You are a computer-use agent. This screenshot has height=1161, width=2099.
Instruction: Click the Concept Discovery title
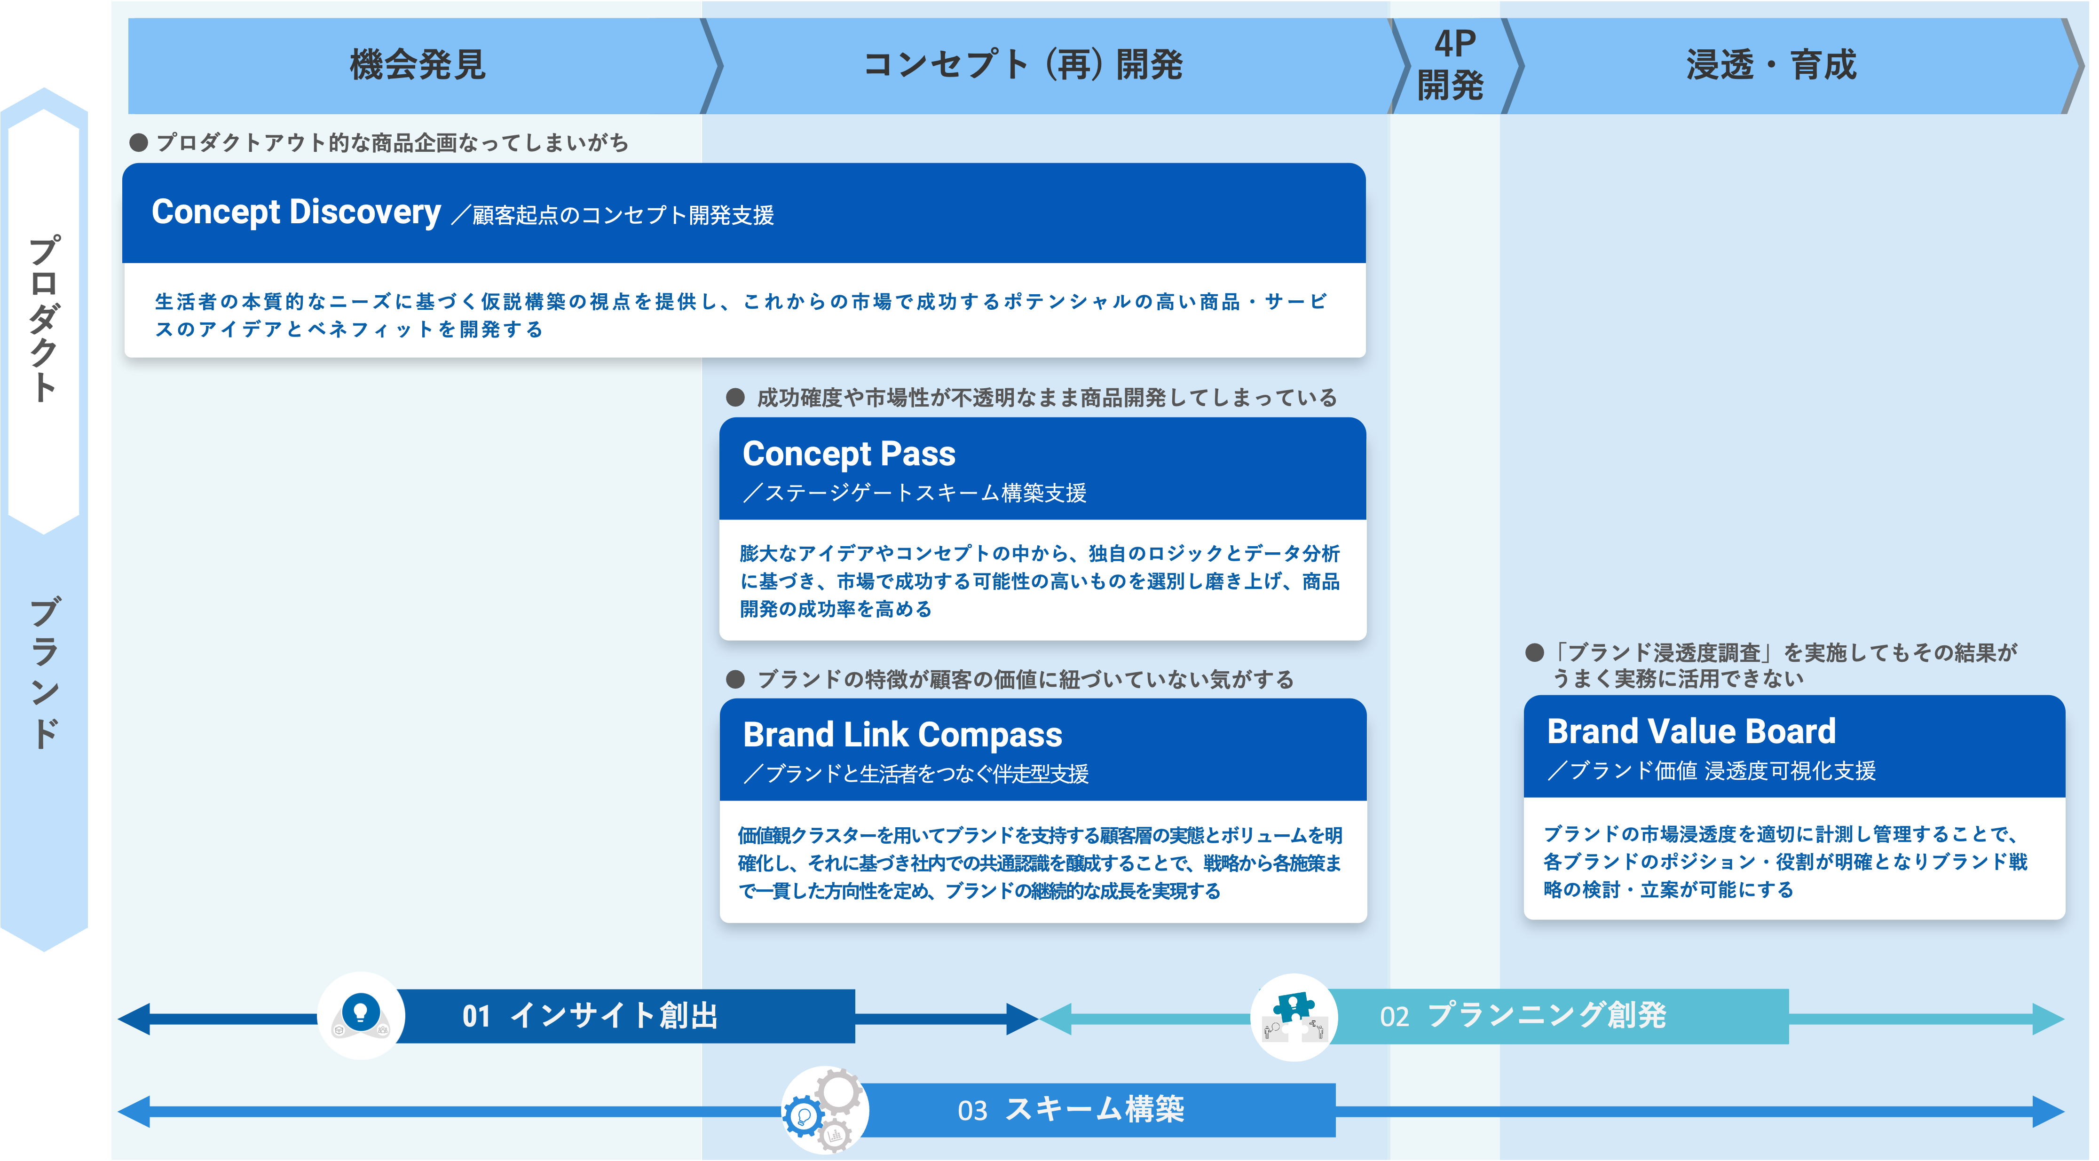(296, 212)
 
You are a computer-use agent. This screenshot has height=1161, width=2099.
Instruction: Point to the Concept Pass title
(848, 454)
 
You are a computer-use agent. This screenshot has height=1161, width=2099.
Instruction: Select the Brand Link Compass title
(902, 735)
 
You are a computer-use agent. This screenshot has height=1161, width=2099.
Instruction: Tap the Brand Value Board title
(1691, 732)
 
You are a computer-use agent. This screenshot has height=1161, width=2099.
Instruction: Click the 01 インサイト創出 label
(590, 1016)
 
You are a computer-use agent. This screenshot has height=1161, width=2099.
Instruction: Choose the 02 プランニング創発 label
(1522, 1016)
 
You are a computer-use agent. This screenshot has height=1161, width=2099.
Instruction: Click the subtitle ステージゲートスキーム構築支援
(915, 493)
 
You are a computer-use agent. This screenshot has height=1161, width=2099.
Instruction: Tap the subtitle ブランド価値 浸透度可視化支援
(1712, 771)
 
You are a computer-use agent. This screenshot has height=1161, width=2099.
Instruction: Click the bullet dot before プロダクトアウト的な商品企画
(139, 142)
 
